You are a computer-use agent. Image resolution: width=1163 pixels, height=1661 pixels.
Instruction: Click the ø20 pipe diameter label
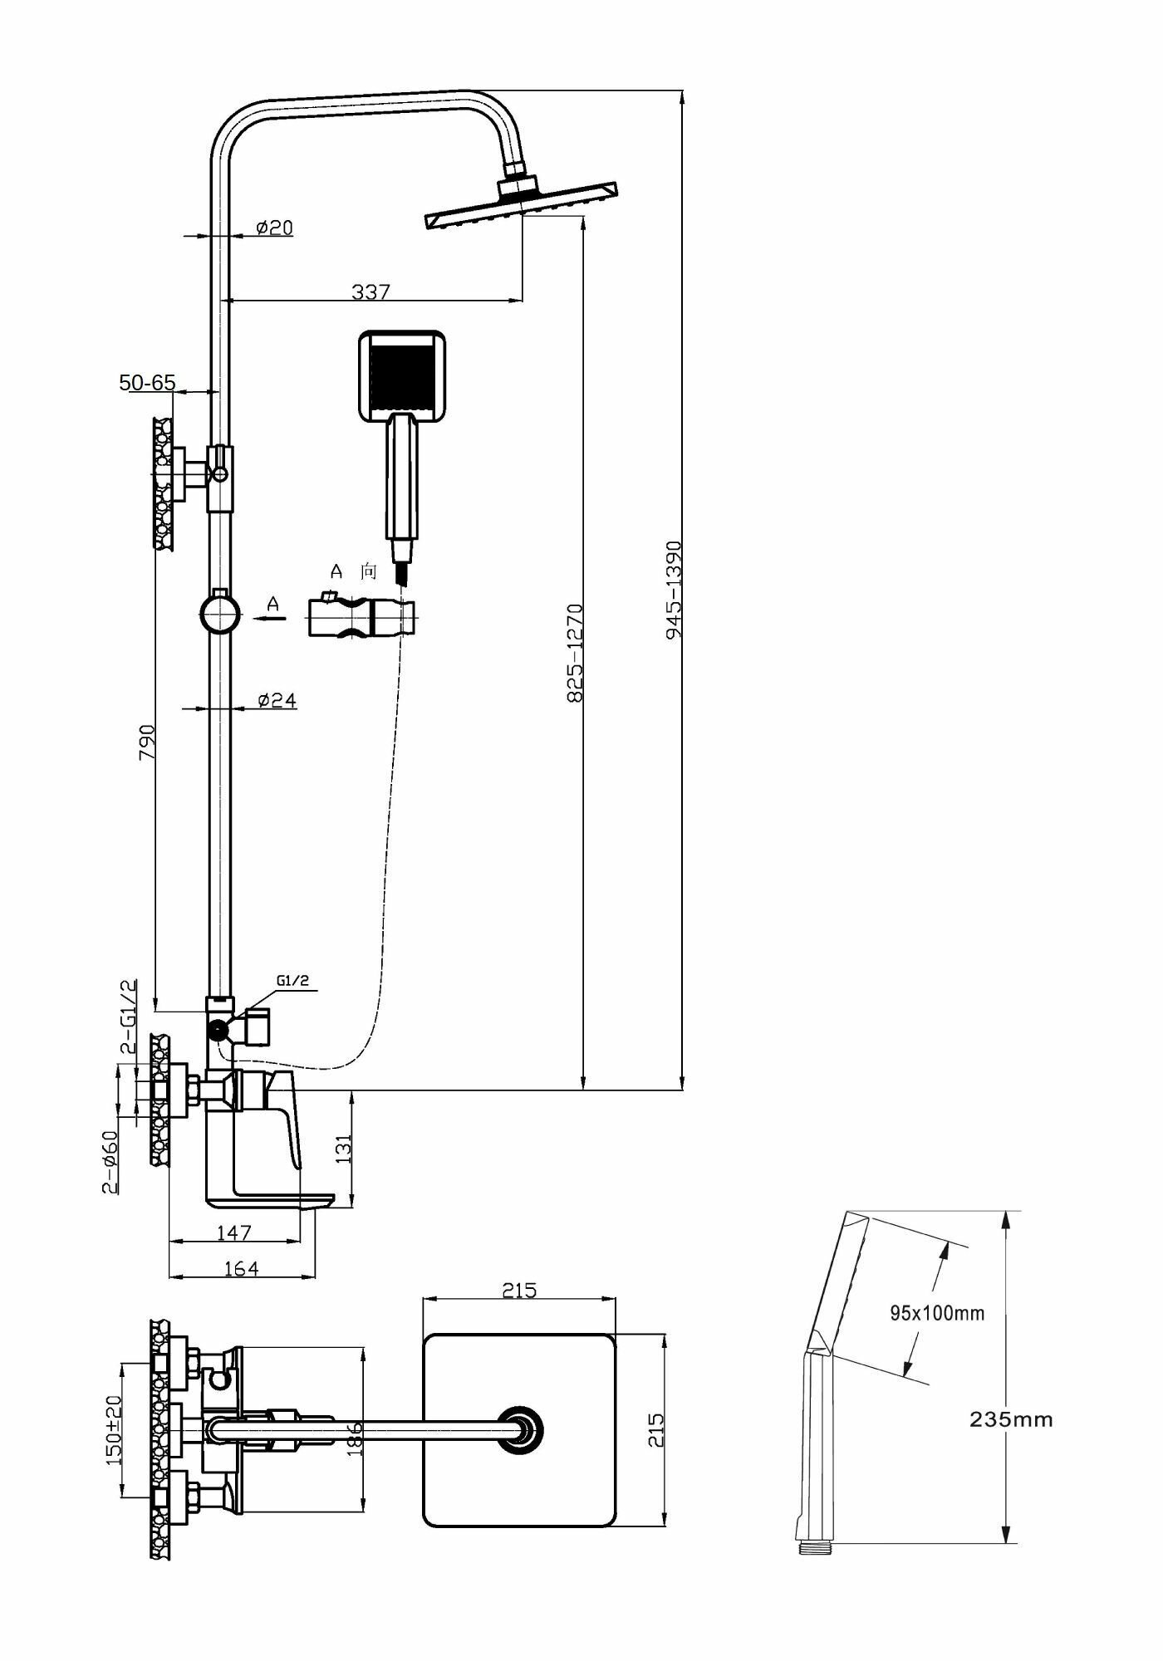click(275, 227)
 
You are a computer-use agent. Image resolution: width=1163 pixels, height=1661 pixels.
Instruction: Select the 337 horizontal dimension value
click(370, 292)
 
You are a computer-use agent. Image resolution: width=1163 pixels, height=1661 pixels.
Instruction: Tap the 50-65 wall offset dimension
click(148, 383)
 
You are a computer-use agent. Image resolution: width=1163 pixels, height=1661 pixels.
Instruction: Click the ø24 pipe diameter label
click(277, 700)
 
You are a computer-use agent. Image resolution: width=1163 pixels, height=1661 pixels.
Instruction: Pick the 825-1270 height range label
click(576, 653)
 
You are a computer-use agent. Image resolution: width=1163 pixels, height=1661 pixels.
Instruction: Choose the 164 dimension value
click(241, 1268)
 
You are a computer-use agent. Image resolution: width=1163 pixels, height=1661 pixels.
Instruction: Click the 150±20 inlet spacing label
click(114, 1429)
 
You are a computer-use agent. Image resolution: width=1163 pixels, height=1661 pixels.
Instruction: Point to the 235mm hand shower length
click(1011, 1419)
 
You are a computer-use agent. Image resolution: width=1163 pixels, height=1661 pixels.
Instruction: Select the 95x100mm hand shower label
click(937, 1313)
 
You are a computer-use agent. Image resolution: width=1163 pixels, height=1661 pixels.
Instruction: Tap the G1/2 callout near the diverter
click(293, 980)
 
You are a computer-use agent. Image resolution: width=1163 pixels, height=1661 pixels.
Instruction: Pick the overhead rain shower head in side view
click(521, 205)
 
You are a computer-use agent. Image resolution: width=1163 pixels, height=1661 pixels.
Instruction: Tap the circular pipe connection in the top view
click(523, 1429)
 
